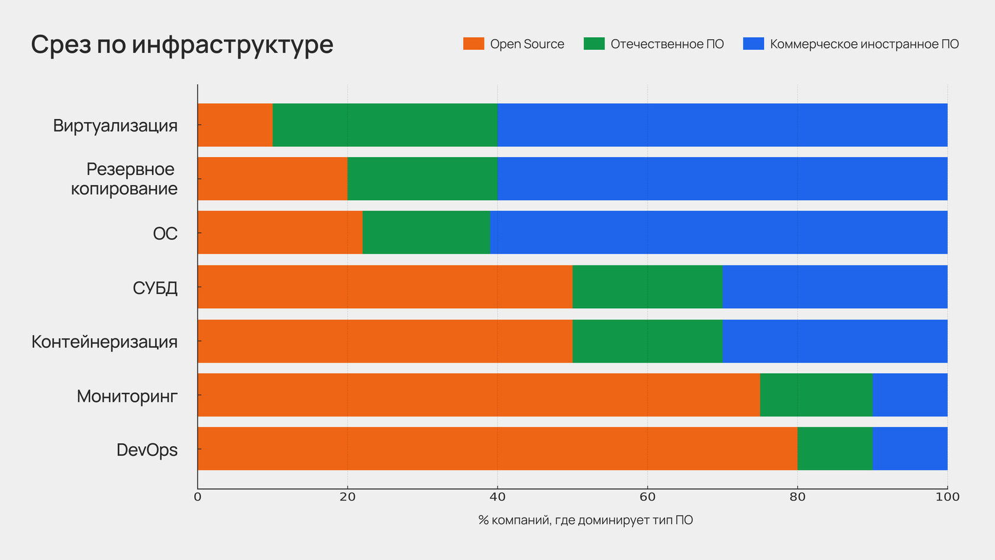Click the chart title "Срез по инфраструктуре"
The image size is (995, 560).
point(182,44)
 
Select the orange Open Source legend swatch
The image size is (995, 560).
point(473,44)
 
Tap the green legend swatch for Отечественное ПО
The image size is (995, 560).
point(594,44)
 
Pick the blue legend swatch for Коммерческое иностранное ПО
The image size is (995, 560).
point(753,44)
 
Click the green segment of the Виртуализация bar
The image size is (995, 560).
point(385,125)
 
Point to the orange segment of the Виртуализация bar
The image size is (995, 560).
point(235,125)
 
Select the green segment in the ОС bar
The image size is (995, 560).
point(426,232)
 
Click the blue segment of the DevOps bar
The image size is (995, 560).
point(910,449)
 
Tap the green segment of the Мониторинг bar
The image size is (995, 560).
point(816,395)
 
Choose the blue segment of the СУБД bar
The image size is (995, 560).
point(834,287)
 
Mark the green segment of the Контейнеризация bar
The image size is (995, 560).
point(647,341)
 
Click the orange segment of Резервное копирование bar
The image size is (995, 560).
point(272,178)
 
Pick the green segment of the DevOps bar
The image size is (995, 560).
point(834,449)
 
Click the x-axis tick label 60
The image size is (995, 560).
point(647,497)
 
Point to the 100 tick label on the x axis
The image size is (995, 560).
point(947,497)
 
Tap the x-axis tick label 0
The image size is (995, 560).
point(198,497)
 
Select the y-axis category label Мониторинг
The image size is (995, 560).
point(127,396)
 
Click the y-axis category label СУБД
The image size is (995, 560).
point(155,288)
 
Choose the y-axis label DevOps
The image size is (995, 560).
point(147,450)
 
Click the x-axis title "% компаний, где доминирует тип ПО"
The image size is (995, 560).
point(585,520)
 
